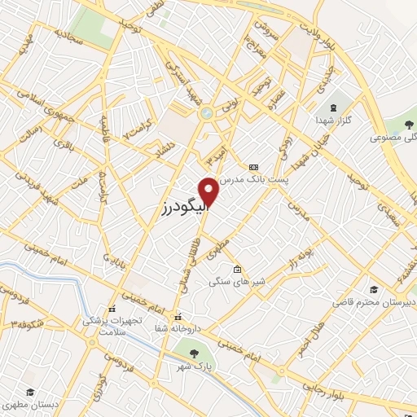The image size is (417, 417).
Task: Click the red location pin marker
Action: (x=209, y=191)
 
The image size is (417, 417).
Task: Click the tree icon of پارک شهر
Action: (x=194, y=353)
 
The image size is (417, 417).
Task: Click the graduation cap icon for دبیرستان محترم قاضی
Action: (x=374, y=289)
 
